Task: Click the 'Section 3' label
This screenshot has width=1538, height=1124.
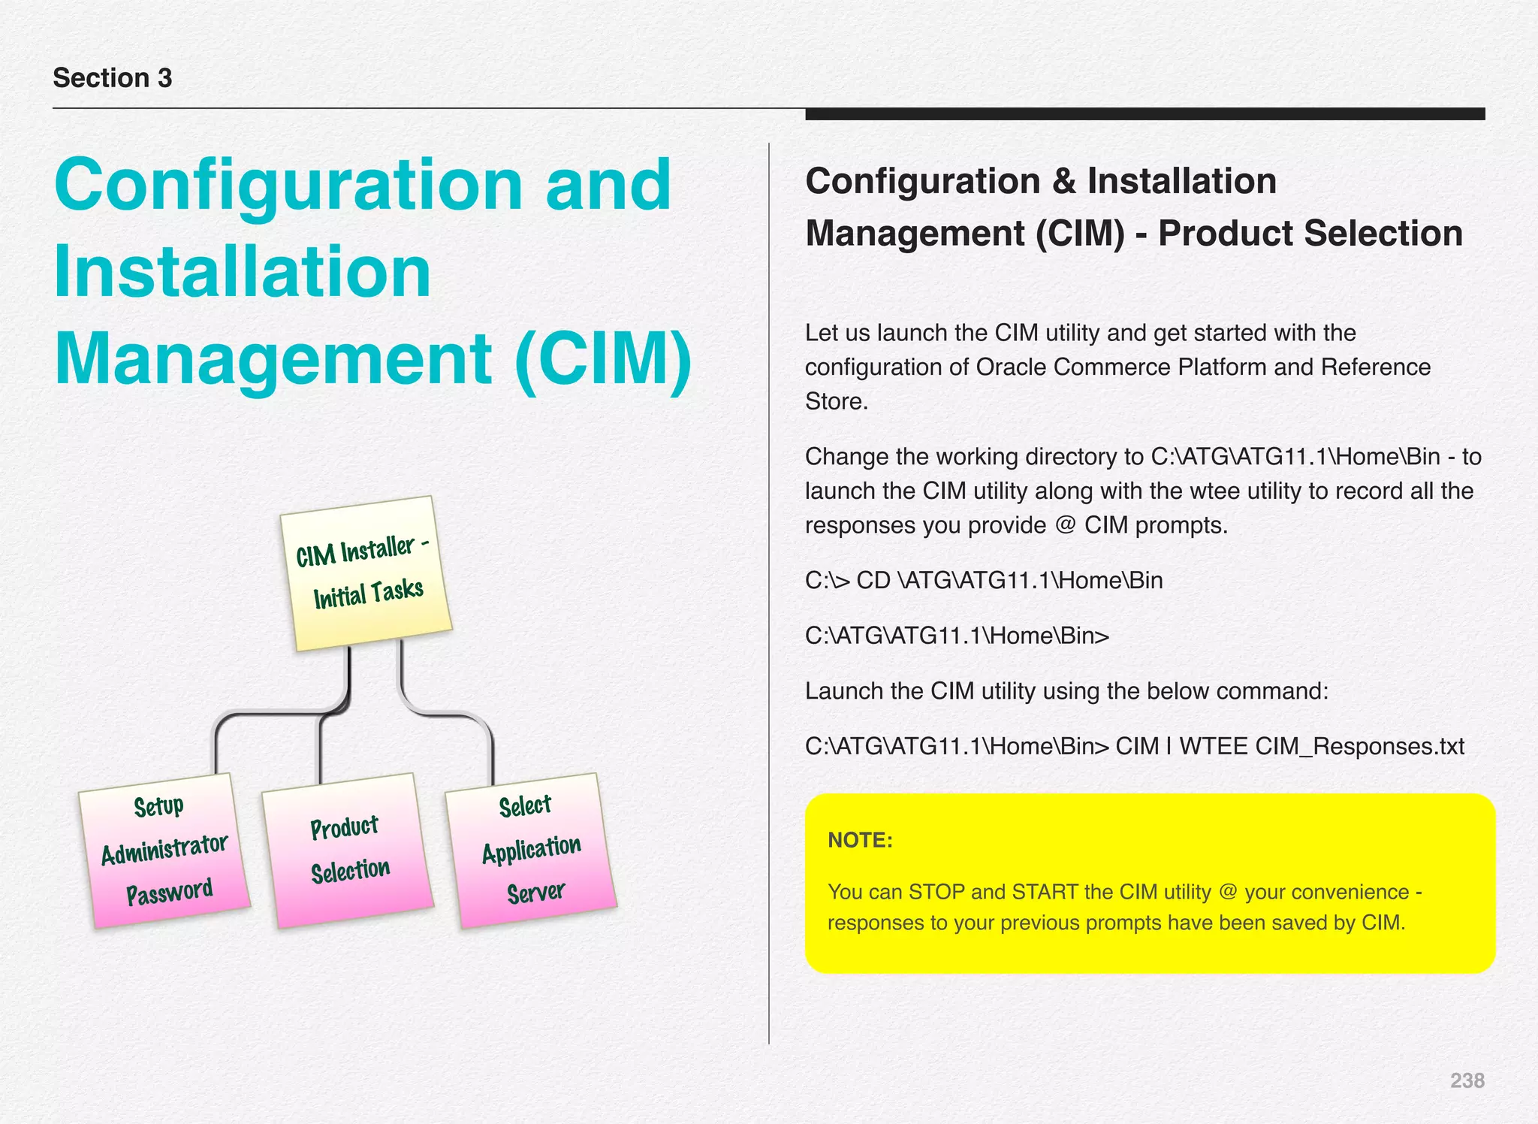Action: coord(113,78)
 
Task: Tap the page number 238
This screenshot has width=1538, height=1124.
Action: coord(1467,1080)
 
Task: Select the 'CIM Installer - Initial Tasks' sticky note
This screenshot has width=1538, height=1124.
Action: coord(366,573)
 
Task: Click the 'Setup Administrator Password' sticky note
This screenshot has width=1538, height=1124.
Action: coord(164,850)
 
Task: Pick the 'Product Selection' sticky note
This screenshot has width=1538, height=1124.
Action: coord(348,850)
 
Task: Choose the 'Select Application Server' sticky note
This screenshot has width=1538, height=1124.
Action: coord(531,850)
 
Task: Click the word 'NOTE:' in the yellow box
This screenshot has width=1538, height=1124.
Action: coord(860,840)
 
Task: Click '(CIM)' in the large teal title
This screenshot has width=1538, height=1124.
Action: coord(603,358)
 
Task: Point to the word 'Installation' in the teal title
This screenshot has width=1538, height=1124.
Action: coord(243,271)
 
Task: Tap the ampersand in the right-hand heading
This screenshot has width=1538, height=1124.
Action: coord(1064,181)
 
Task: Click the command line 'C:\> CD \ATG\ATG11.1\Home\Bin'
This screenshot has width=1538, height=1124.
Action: coord(984,580)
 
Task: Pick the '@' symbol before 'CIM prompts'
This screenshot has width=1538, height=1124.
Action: coord(1065,524)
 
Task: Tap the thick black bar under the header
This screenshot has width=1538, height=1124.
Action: coord(1144,114)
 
